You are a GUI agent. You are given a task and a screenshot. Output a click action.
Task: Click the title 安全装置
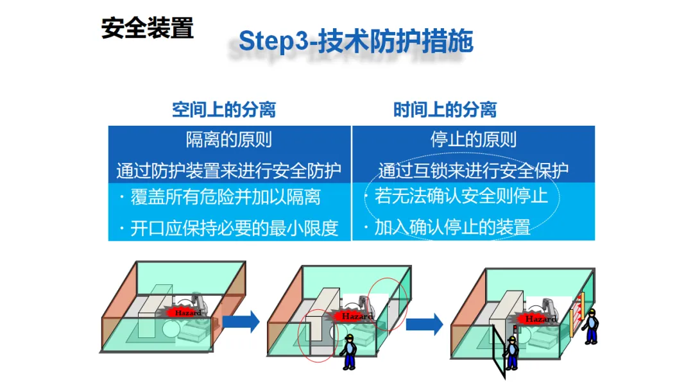click(147, 28)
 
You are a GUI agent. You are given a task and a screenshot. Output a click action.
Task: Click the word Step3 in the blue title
click(268, 42)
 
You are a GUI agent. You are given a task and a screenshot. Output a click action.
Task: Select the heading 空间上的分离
click(223, 110)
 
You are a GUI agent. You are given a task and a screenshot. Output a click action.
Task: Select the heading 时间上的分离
click(445, 110)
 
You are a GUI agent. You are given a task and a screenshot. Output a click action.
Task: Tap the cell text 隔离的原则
click(228, 139)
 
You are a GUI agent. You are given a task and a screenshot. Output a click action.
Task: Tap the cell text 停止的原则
click(473, 139)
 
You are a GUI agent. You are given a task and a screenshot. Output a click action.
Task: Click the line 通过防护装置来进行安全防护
click(228, 171)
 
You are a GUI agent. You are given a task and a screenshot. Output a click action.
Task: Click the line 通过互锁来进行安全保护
click(473, 171)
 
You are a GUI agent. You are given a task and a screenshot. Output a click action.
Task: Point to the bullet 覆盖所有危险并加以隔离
click(225, 196)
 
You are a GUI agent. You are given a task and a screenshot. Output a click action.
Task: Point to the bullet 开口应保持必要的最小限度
click(234, 228)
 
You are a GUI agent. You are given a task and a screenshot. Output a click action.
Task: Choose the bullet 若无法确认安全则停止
click(461, 196)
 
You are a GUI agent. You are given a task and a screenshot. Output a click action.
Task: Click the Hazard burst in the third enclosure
click(540, 318)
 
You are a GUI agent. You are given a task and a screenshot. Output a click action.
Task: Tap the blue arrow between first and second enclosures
click(244, 321)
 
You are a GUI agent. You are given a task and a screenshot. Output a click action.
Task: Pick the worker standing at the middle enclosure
click(348, 352)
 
